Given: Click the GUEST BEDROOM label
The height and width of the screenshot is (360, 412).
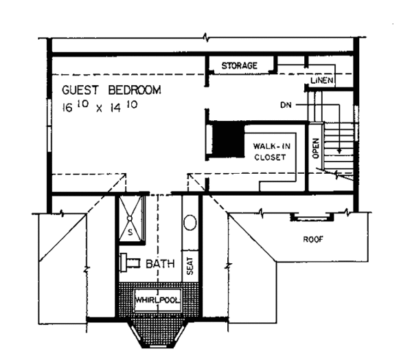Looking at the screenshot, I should pyautogui.click(x=111, y=90).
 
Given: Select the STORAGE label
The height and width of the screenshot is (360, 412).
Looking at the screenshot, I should pyautogui.click(x=239, y=65).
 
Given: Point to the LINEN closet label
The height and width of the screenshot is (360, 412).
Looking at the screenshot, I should pyautogui.click(x=321, y=82).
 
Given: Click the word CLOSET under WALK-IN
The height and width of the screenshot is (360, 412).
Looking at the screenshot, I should pyautogui.click(x=268, y=157).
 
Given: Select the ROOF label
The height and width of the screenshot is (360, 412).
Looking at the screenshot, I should pyautogui.click(x=313, y=240).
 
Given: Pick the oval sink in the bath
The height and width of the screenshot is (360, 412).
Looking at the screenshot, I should pyautogui.click(x=190, y=223).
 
